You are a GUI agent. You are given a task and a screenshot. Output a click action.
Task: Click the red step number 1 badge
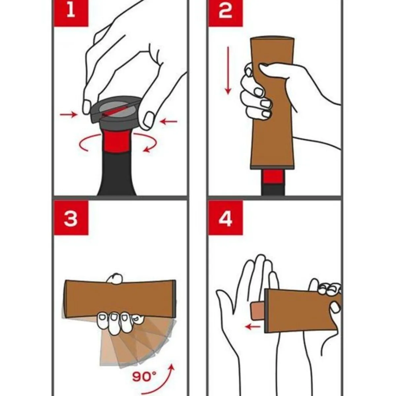tap(71, 13)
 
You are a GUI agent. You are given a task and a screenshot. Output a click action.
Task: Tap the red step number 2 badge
tap(225, 13)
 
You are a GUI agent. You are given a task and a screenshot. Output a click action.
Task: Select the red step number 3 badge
tap(71, 218)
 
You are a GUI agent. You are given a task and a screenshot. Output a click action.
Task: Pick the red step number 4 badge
tap(225, 218)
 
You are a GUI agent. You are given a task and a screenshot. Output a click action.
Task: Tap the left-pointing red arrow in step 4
tap(253, 326)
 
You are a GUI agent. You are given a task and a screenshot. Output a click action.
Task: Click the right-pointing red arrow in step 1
tap(68, 115)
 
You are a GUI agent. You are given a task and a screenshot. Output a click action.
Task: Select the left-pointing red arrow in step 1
tap(169, 122)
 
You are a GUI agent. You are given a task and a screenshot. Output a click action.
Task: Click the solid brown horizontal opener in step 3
tap(120, 296)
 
